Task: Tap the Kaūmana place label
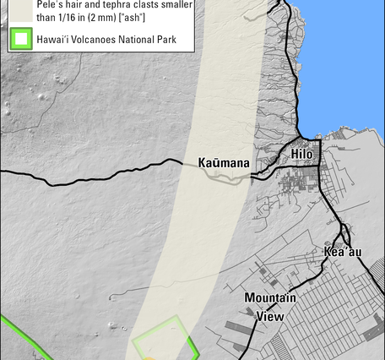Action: tap(224, 162)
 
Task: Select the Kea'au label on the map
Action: tap(341, 252)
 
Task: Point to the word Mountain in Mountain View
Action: tap(270, 298)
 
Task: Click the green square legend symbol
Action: tap(20, 38)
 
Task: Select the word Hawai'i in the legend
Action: tap(53, 38)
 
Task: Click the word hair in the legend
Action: tap(76, 4)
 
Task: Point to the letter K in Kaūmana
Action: tap(203, 162)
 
